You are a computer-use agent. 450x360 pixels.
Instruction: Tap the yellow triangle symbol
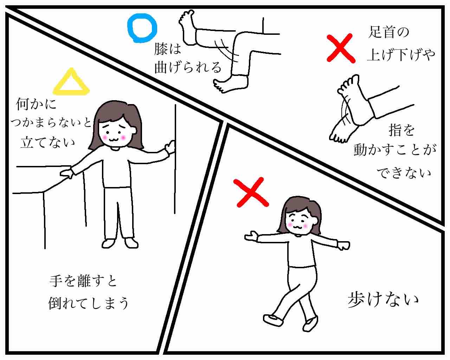tap(71, 92)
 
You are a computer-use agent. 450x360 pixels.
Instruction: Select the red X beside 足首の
tap(341, 48)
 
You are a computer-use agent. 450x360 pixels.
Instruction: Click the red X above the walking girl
tap(251, 192)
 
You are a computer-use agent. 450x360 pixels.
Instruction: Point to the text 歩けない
tap(383, 300)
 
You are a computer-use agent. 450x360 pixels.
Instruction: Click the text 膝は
tap(167, 49)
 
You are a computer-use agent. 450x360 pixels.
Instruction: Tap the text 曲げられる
tap(188, 67)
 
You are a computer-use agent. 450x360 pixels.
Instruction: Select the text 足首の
tap(388, 32)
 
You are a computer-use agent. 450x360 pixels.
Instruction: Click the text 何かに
tap(36, 104)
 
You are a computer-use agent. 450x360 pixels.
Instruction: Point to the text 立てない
tap(48, 142)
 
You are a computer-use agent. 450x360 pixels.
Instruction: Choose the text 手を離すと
tap(83, 281)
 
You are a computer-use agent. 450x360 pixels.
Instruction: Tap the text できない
tap(404, 173)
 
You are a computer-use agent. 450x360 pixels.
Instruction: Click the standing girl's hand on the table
tap(66, 173)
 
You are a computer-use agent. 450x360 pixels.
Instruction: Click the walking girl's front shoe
tap(273, 320)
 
